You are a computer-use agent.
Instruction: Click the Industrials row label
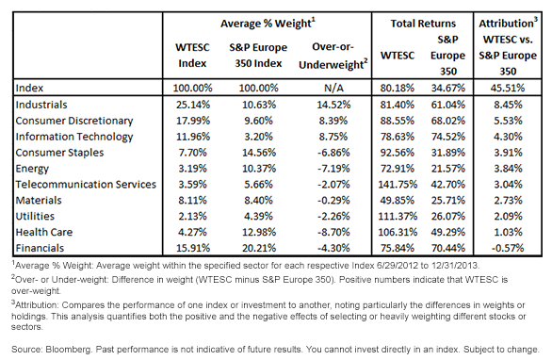point(41,105)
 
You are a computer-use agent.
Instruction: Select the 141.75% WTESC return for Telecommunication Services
point(398,184)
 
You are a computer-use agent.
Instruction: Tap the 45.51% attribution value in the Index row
point(508,88)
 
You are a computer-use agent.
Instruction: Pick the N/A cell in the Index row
point(333,88)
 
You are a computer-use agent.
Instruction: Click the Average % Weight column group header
point(268,24)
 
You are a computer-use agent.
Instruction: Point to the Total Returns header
point(423,24)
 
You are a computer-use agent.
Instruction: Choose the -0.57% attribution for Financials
point(508,248)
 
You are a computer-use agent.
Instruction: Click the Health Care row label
point(44,232)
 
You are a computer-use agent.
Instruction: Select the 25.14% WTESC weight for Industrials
point(192,105)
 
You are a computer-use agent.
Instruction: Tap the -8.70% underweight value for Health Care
point(333,232)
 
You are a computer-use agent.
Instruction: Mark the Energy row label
point(32,169)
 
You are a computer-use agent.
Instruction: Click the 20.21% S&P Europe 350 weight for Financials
point(259,248)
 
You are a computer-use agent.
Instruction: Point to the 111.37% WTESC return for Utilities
point(398,216)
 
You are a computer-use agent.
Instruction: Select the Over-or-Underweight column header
point(333,56)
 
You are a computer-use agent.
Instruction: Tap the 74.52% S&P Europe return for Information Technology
point(448,137)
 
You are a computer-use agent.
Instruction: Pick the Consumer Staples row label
point(59,153)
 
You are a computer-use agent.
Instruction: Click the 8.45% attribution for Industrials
point(508,105)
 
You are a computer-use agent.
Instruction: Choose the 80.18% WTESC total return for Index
point(398,88)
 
